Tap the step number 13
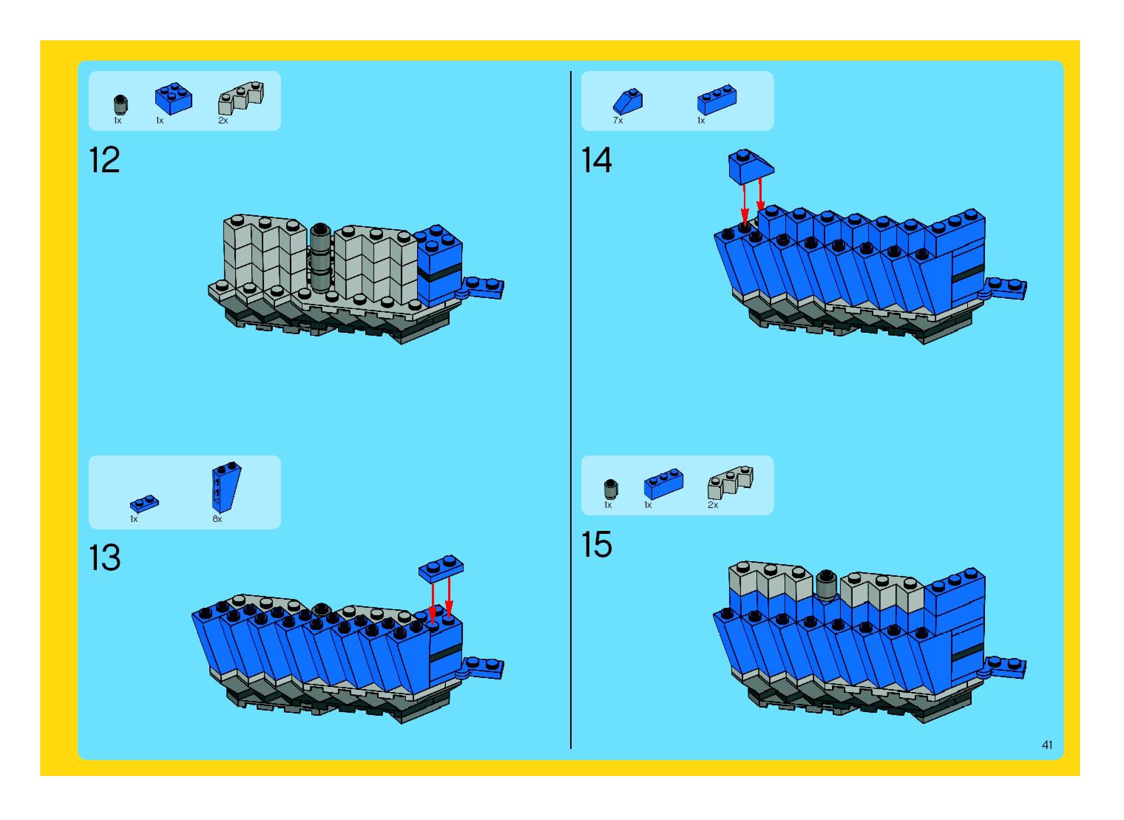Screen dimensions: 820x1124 104,558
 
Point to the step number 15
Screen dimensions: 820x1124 596,545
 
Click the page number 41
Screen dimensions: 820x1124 1047,759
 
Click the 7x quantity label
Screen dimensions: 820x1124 617,121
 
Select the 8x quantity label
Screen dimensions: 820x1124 217,519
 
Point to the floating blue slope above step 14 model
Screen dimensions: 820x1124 750,166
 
